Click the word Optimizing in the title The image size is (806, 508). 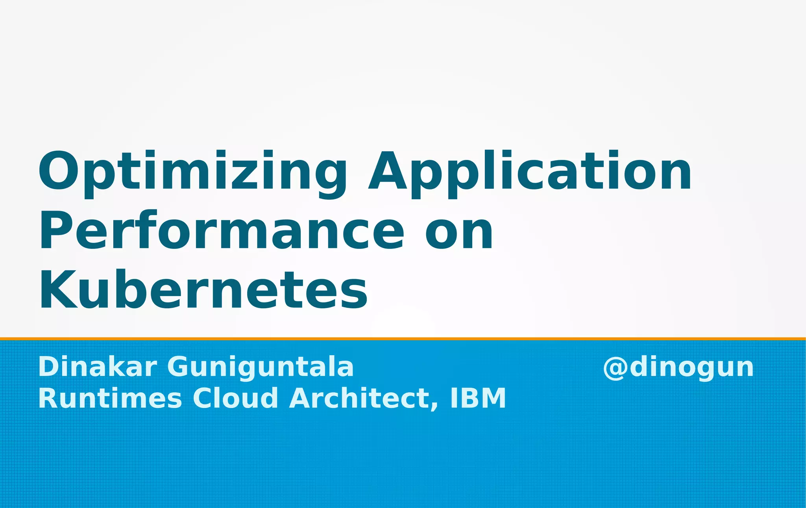pos(192,173)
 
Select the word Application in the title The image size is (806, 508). pos(529,173)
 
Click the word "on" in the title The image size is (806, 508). pos(459,232)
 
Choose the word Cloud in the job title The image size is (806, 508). pos(235,398)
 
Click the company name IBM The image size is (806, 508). pos(478,398)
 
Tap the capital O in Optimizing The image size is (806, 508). pos(59,171)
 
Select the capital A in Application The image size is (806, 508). pos(387,171)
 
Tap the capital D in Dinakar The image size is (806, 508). pos(48,367)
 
